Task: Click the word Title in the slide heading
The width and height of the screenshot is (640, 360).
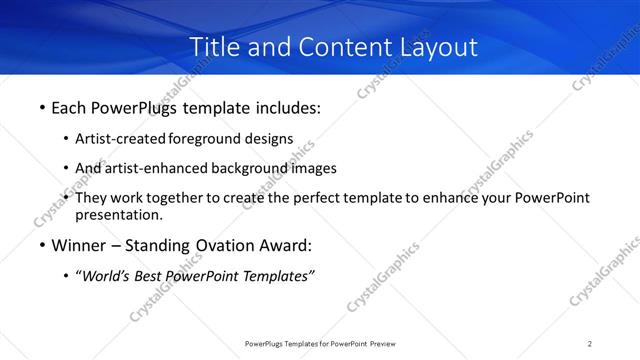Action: coord(212,47)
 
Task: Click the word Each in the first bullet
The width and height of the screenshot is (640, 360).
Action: coord(69,106)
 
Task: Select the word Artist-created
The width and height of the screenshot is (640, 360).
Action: coord(120,139)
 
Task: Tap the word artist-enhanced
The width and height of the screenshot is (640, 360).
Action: coord(149,168)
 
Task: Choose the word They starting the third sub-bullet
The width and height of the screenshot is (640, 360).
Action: coord(92,198)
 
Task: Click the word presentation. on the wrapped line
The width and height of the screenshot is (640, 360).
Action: coord(119,215)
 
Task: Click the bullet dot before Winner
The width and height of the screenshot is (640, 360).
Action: coord(41,245)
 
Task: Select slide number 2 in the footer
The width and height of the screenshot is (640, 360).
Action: coord(590,344)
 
